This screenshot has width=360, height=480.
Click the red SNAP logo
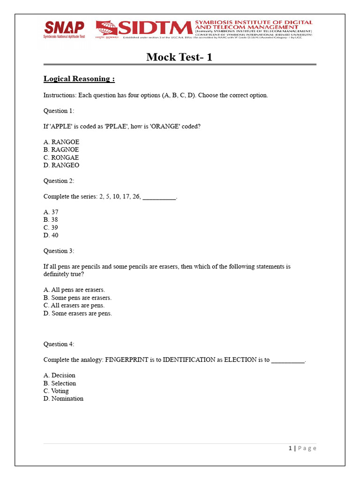[x=64, y=28]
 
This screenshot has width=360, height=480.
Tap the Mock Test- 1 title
[x=180, y=57]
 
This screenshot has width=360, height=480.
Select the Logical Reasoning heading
[x=79, y=79]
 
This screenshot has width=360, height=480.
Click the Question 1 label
[x=59, y=111]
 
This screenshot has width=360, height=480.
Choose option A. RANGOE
[x=61, y=142]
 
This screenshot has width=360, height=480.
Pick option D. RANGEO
[x=61, y=165]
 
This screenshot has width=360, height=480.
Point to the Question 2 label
[x=59, y=181]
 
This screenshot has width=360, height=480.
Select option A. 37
[x=51, y=212]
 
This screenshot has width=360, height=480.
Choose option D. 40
[x=51, y=235]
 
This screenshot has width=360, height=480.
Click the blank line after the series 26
[x=159, y=197]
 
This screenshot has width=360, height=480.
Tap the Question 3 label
[x=59, y=251]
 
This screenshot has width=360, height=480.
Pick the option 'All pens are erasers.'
[x=74, y=290]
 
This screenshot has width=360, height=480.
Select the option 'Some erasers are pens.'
[x=78, y=313]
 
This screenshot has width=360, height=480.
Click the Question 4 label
[x=59, y=344]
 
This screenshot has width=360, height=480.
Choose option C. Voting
[x=56, y=391]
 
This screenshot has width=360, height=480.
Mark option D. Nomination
[x=63, y=398]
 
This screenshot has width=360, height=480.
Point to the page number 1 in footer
[x=290, y=448]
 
